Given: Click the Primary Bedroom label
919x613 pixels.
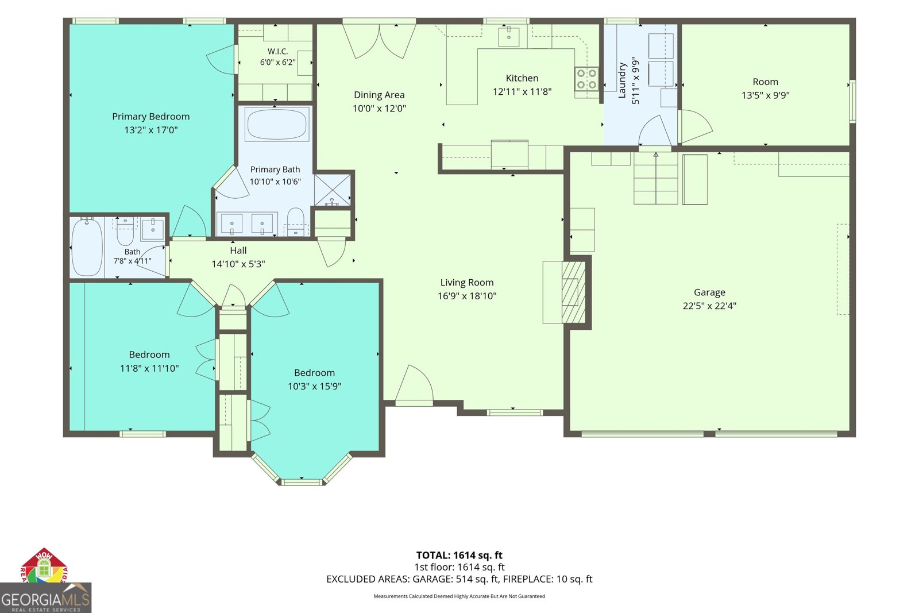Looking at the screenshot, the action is [151, 117].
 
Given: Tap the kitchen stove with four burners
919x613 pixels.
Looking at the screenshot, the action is [586, 79].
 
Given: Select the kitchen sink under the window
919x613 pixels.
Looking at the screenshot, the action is [509, 37].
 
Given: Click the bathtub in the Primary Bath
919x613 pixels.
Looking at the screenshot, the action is [276, 124].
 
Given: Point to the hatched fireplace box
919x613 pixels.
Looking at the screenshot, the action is [573, 292].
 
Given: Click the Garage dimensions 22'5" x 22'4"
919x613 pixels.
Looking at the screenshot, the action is [709, 306].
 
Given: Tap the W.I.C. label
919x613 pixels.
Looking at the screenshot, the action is [278, 51].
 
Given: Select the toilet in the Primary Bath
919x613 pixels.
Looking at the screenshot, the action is [295, 222].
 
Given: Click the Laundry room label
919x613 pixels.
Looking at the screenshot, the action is [622, 80].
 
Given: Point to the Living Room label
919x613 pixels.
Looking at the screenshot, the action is [467, 282].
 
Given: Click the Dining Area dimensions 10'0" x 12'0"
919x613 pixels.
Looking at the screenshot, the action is [379, 109].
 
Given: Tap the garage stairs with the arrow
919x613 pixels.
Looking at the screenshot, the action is [655, 178].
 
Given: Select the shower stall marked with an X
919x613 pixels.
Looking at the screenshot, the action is [333, 190].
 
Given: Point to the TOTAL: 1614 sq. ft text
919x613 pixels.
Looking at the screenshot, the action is [459, 555].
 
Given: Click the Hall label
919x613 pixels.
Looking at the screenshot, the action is [238, 250].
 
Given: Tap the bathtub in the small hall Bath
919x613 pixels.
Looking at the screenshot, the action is [87, 247].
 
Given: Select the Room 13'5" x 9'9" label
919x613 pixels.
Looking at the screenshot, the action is [765, 88].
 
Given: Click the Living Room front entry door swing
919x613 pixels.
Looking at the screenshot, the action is [414, 384].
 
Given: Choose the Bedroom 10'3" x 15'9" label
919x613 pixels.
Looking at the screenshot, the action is [314, 379].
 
